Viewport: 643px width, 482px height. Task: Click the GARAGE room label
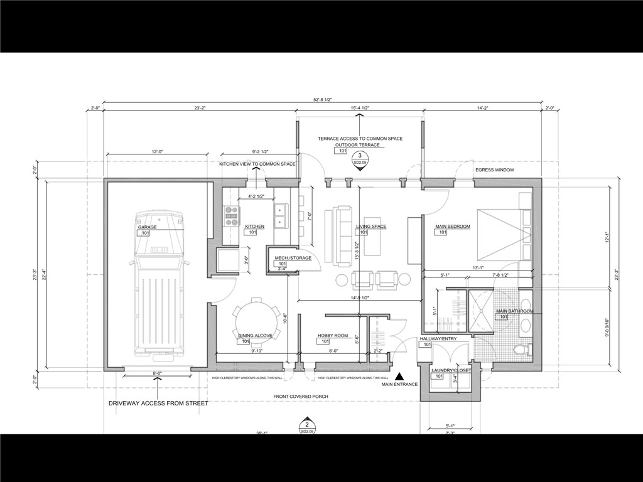tap(148, 227)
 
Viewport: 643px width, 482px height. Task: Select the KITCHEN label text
tap(254, 227)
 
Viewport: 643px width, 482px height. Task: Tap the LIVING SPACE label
tap(371, 227)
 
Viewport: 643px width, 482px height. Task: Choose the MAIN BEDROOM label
tap(452, 227)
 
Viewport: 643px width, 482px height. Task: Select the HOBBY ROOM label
tap(332, 336)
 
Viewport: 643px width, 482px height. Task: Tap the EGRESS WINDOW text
tap(495, 170)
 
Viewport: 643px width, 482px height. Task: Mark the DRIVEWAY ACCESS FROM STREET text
tap(158, 404)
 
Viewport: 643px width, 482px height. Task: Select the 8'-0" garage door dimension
tap(158, 373)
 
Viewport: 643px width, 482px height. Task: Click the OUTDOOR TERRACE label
tap(357, 145)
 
